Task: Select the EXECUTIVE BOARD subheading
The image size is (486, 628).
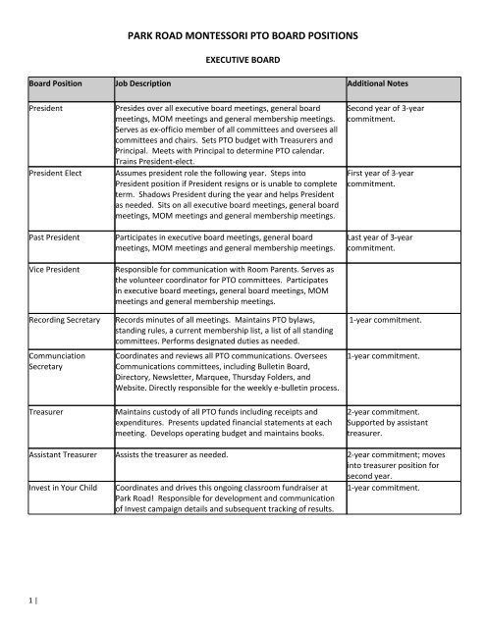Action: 242,60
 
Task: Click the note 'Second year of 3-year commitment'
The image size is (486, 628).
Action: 391,115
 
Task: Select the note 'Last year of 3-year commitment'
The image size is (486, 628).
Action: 386,242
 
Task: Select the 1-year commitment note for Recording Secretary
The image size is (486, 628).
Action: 396,320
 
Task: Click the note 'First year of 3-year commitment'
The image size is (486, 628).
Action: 385,180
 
